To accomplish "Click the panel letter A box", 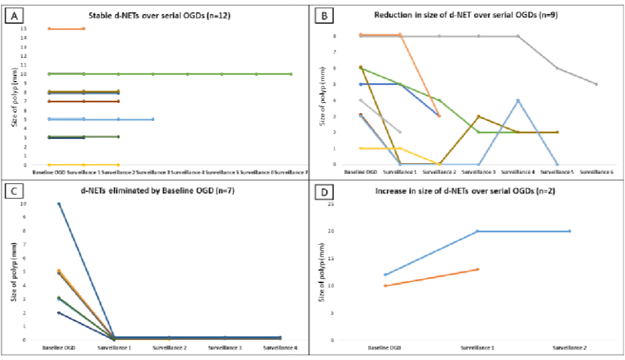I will (x=13, y=16).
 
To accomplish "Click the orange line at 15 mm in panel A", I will (x=67, y=28).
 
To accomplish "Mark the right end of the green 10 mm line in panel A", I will (x=291, y=74).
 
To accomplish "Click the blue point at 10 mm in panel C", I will (x=58, y=204).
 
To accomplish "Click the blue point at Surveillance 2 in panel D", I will (x=570, y=231).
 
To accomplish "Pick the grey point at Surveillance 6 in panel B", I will (x=597, y=84).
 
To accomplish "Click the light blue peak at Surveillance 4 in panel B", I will (x=518, y=100).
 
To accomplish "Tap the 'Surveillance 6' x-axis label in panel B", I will (x=596, y=172).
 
